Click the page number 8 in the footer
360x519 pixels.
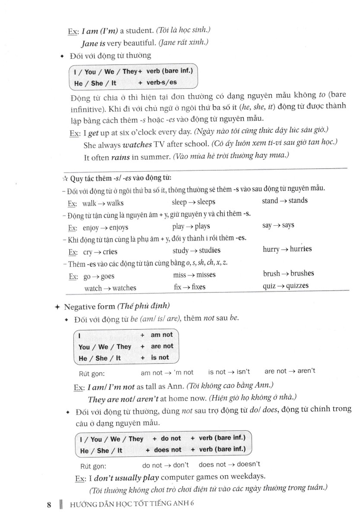tap(49, 505)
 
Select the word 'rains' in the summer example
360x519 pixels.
tap(121, 157)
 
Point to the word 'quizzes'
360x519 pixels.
tap(298, 286)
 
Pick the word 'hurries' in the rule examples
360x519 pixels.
tap(301, 249)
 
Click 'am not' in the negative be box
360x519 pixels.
tap(162, 334)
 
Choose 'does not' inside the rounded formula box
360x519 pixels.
tap(168, 450)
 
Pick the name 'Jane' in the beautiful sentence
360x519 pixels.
tap(90, 44)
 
